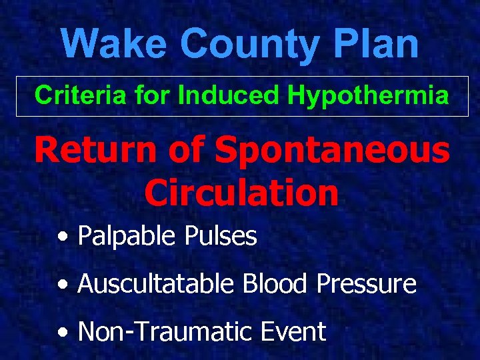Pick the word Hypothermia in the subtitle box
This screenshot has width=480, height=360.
368,96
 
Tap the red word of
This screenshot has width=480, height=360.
186,150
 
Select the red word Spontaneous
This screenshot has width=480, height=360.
333,150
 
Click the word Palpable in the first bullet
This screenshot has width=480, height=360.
123,236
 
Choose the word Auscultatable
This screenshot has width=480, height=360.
155,284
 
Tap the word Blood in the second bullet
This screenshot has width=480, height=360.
276,284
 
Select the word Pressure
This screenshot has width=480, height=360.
367,284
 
